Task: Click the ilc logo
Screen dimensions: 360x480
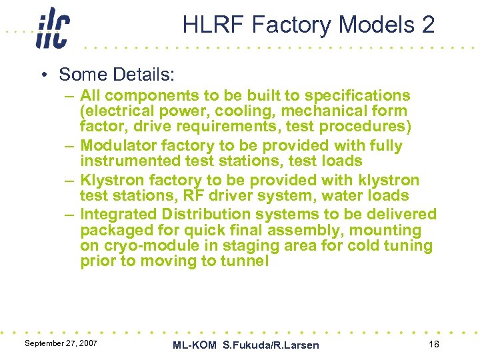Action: pyautogui.click(x=52, y=28)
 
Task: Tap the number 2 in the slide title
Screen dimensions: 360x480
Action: pyautogui.click(x=427, y=25)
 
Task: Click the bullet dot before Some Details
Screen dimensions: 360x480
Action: pyautogui.click(x=44, y=75)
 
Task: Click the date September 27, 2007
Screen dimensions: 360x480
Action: pyautogui.click(x=61, y=343)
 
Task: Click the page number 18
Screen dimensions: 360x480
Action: pyautogui.click(x=433, y=343)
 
